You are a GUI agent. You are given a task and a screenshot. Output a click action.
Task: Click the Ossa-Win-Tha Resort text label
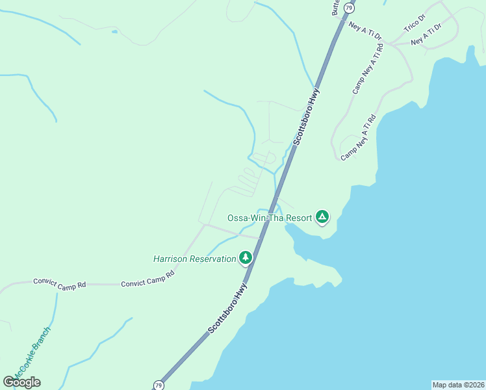click(270, 217)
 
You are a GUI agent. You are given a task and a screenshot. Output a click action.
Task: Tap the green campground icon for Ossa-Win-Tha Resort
click(322, 216)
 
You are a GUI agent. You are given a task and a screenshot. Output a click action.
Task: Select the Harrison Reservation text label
click(195, 259)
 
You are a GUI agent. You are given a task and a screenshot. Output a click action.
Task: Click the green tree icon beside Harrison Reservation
click(245, 258)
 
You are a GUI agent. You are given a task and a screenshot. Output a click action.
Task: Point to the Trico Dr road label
click(414, 25)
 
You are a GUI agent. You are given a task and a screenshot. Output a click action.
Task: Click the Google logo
click(21, 382)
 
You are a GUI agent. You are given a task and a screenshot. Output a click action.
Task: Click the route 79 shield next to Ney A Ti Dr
click(350, 8)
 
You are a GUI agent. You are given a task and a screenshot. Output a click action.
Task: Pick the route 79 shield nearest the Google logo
click(159, 385)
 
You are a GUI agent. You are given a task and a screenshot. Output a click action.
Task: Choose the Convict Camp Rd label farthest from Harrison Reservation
click(60, 284)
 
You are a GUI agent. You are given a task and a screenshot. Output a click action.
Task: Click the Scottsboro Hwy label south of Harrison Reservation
click(229, 309)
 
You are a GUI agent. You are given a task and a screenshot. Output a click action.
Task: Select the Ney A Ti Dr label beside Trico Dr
click(426, 34)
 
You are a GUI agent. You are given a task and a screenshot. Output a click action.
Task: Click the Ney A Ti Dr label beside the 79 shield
click(364, 29)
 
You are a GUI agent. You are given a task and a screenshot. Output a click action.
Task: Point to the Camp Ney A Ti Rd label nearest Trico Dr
click(368, 69)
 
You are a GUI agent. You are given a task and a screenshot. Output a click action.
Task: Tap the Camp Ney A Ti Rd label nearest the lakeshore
click(359, 137)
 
